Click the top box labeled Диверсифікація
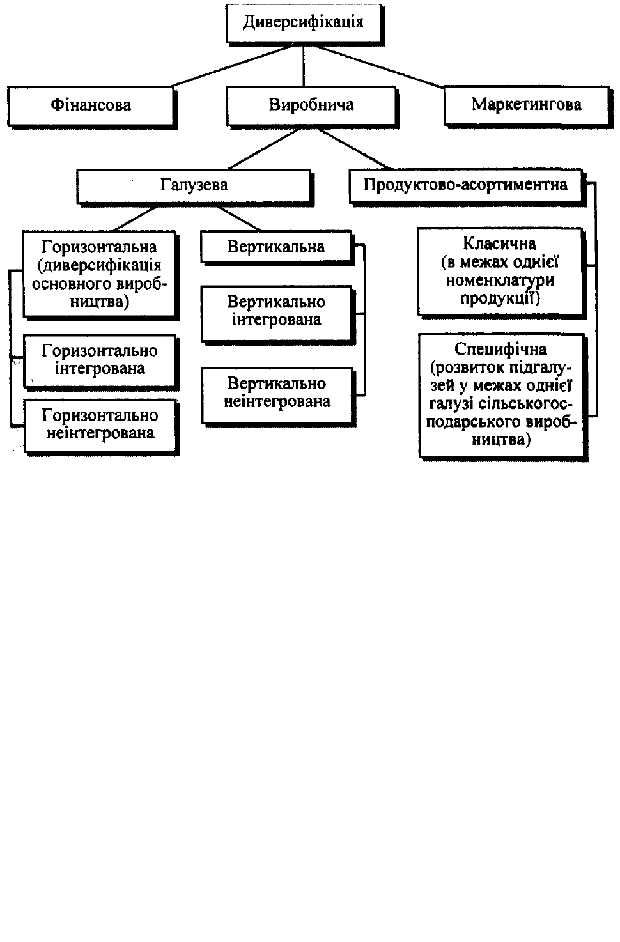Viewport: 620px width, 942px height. pos(304,24)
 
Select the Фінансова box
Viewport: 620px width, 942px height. pos(91,106)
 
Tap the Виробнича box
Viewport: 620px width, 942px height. pos(313,106)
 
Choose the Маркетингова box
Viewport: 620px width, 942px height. pos(527,106)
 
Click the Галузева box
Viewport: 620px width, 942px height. pos(195,187)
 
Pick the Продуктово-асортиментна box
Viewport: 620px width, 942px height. pos(467,187)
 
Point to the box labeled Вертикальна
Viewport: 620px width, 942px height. pos(277,248)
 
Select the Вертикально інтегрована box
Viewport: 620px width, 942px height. pos(277,315)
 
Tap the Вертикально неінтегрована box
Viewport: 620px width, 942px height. pos(278,397)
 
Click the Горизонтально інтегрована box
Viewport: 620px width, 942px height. pos(100,362)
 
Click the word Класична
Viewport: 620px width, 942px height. pos(500,244)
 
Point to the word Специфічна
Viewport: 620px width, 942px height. pos(500,350)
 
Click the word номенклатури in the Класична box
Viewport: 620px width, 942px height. pos(500,281)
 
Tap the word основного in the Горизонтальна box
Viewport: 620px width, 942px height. pos(70,284)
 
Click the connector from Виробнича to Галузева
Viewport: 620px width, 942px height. pos(264,148)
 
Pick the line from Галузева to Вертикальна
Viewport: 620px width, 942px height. pos(238,219)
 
